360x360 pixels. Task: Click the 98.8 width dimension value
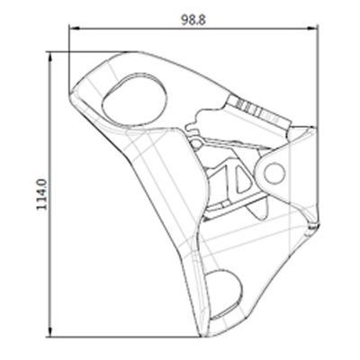(193, 20)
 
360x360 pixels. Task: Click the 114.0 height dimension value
(42, 194)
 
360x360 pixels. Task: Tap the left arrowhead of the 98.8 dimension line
(74, 29)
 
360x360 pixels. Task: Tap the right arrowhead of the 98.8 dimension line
(313, 29)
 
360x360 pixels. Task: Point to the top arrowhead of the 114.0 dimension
(50, 57)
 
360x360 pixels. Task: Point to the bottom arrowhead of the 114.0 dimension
(50, 332)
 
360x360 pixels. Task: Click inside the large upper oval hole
(134, 99)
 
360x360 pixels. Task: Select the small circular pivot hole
(274, 173)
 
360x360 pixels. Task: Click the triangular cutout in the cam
(242, 179)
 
